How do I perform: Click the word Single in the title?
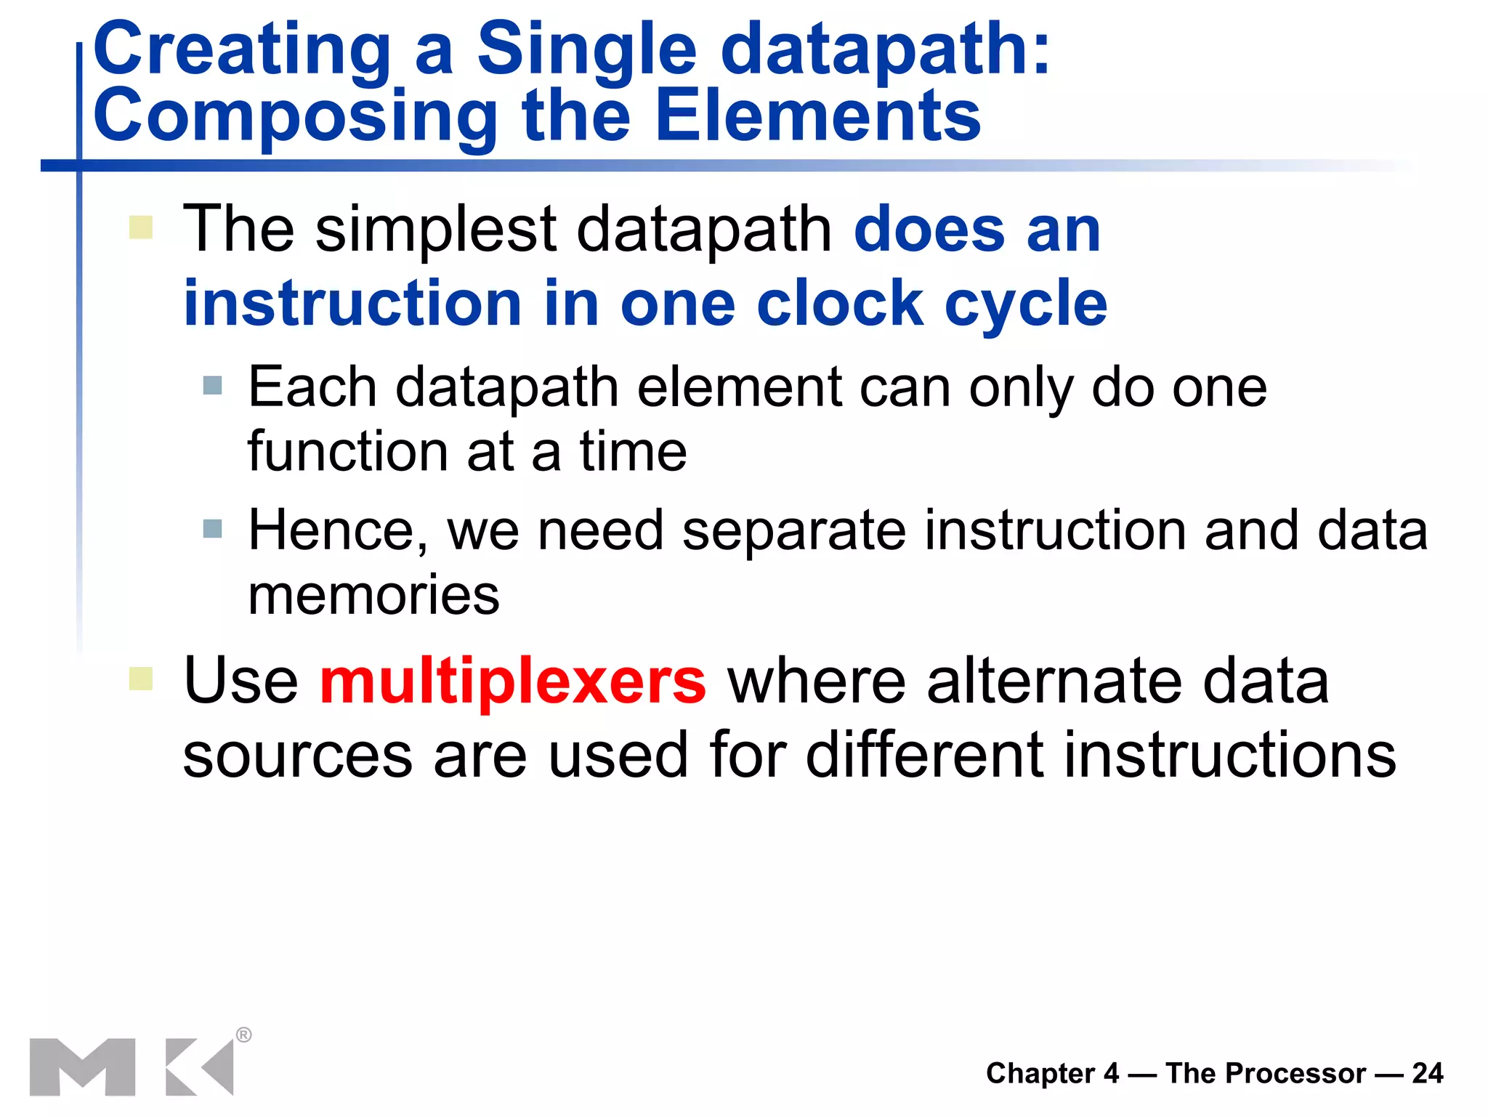[586, 49]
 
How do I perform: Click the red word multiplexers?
[513, 681]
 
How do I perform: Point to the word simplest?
[436, 230]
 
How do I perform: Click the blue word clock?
[839, 303]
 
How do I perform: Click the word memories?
[373, 595]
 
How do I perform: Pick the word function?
[347, 452]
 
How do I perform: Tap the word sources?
[297, 756]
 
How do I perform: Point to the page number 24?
[1428, 1073]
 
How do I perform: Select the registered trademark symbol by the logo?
[244, 1035]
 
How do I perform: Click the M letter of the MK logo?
[83, 1067]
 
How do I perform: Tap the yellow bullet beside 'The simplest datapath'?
[141, 227]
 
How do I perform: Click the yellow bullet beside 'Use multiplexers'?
[141, 679]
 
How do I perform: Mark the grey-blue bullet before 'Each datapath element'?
[213, 385]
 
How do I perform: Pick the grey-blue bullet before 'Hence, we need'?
[213, 528]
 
